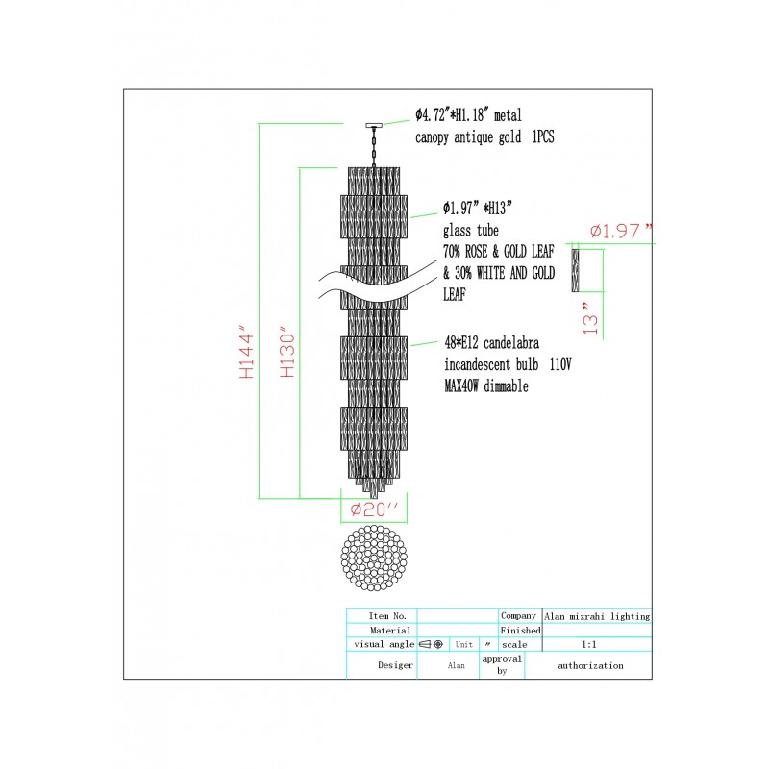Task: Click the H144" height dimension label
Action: click(246, 351)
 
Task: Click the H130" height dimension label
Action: click(287, 351)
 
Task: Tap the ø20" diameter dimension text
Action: click(374, 509)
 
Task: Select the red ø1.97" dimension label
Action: click(621, 231)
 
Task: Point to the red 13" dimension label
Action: click(590, 318)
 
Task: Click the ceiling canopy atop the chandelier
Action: click(374, 126)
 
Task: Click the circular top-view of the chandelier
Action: click(374, 558)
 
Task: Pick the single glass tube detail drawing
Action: click(575, 270)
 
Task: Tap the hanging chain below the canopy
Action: click(374, 147)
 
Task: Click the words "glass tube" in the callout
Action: click(471, 230)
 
